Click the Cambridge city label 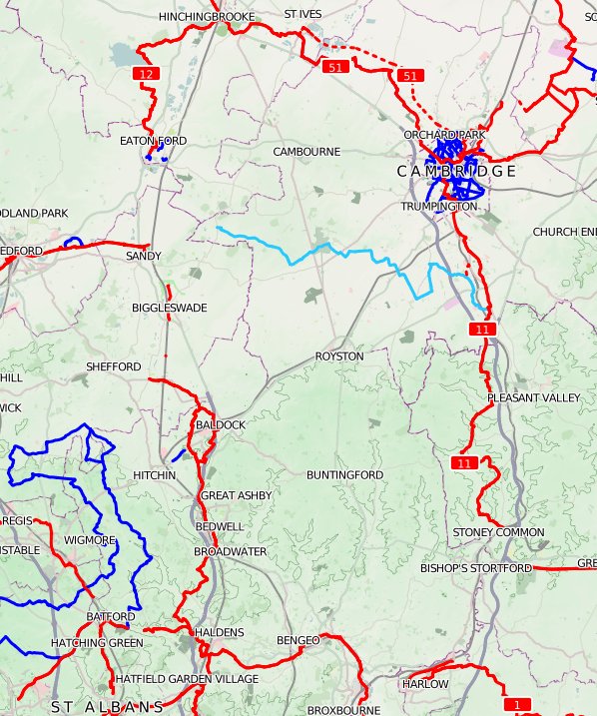(x=456, y=172)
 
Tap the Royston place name (x=339, y=357)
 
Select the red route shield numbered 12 (x=146, y=74)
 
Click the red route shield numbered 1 (x=517, y=705)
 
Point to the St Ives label (x=302, y=15)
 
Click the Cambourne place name (x=307, y=151)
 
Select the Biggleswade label (x=170, y=309)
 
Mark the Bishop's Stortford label (x=476, y=568)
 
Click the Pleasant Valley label (x=533, y=398)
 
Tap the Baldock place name (x=221, y=425)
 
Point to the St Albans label (x=108, y=706)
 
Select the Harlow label (x=425, y=684)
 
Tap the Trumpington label (x=439, y=207)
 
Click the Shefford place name (x=114, y=366)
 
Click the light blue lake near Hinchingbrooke (x=124, y=55)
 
